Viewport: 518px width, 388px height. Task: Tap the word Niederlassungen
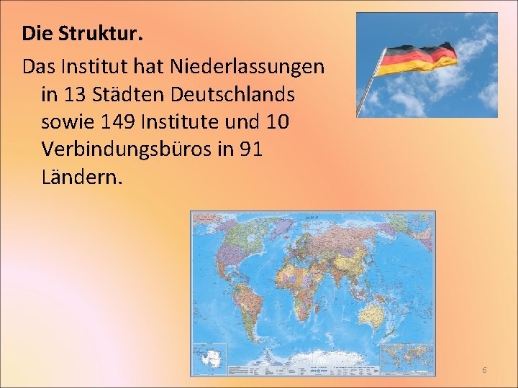(247, 67)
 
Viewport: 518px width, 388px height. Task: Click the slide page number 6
(484, 370)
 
